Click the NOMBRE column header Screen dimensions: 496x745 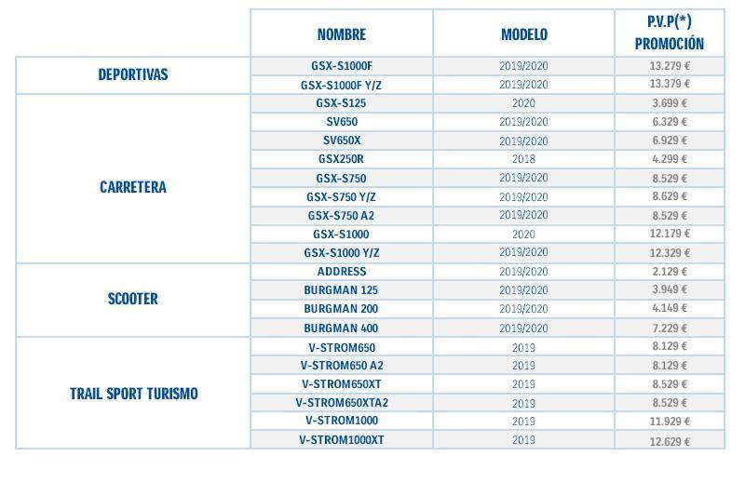341,34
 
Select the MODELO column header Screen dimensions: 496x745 523,34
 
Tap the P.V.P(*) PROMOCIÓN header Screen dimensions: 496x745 669,33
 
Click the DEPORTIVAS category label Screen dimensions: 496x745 133,74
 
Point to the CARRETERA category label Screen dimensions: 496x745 133,187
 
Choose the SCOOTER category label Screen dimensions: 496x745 133,299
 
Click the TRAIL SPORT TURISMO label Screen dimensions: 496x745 133,393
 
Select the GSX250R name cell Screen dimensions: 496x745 341,159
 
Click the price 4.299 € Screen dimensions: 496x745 669,159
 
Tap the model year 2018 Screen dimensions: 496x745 523,159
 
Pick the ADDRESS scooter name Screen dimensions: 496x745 341,272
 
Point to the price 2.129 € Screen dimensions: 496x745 669,272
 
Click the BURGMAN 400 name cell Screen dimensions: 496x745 341,328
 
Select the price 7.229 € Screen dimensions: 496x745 669,328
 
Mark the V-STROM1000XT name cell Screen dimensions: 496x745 341,440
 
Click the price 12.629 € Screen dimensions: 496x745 669,440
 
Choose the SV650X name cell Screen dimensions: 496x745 341,141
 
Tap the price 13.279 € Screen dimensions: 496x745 669,66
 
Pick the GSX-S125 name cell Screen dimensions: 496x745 341,103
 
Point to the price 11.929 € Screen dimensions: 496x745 669,422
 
